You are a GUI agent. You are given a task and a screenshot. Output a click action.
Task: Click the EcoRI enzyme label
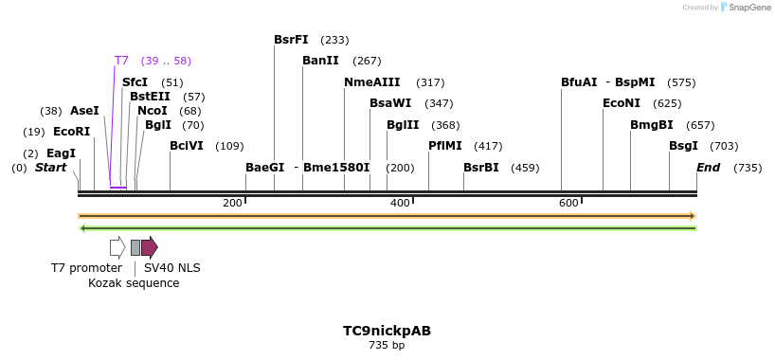[x=71, y=132]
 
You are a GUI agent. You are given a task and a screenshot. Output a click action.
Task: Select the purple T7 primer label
[x=121, y=61]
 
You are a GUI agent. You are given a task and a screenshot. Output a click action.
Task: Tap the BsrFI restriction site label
[x=291, y=40]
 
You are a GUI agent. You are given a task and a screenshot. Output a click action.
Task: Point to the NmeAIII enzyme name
[x=371, y=82]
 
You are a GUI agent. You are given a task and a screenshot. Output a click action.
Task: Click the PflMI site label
[x=445, y=146]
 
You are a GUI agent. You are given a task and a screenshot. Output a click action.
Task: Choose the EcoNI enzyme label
[x=622, y=103]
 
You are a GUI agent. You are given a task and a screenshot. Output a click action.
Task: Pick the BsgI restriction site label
[x=683, y=146]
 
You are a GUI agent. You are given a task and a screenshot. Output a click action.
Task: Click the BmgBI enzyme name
[x=652, y=125]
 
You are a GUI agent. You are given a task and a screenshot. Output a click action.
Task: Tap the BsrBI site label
[x=480, y=168]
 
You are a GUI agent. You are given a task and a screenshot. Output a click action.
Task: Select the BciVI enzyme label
[x=187, y=146]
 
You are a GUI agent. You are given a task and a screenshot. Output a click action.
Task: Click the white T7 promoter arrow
[x=117, y=247]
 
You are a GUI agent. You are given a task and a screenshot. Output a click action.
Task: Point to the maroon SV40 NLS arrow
[x=150, y=247]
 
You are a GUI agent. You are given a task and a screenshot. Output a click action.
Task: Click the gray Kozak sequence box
[x=135, y=247]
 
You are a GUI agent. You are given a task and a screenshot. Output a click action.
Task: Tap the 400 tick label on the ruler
[x=400, y=204]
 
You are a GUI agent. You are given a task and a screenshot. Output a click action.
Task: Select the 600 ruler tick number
[x=568, y=204]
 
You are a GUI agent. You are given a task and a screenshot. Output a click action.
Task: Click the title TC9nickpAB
[x=387, y=331]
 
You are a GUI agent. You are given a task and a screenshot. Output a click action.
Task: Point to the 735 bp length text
[x=387, y=346]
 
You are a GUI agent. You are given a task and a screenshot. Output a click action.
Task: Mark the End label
[x=708, y=168]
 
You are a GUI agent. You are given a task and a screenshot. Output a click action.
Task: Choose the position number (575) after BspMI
[x=680, y=82]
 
